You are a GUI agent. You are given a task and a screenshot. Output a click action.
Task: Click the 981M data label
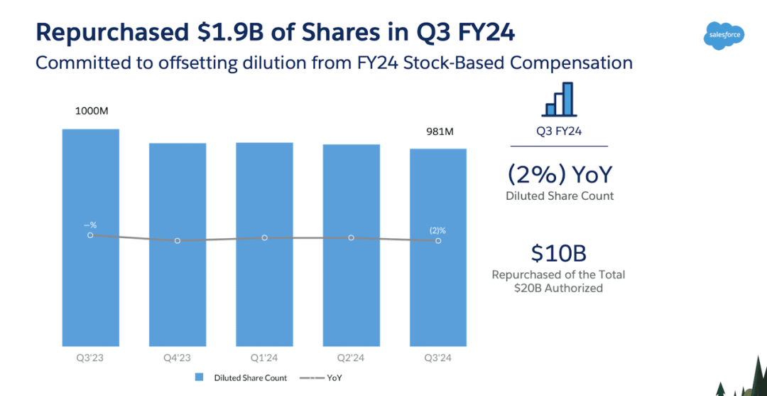pyautogui.click(x=439, y=132)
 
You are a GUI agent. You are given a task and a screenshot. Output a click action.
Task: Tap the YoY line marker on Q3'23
pyautogui.click(x=90, y=235)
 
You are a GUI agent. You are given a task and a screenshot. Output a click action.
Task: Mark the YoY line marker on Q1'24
pyautogui.click(x=264, y=237)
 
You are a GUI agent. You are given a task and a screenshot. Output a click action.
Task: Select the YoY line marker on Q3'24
pyautogui.click(x=438, y=241)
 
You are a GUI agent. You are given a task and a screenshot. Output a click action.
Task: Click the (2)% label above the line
pyautogui.click(x=437, y=230)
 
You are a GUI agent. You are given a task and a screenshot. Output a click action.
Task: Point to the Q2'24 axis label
pyautogui.click(x=351, y=358)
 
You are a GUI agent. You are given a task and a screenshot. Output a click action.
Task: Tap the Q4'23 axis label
pyautogui.click(x=177, y=358)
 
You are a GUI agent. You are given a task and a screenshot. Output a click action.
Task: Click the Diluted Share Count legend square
pyautogui.click(x=200, y=378)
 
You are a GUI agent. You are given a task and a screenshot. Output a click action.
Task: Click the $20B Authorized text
pyautogui.click(x=558, y=288)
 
